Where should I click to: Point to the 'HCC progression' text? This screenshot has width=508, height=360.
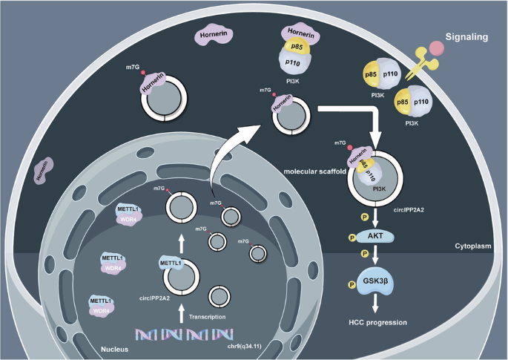point(377,324)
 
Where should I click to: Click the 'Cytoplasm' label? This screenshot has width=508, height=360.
point(474,245)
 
